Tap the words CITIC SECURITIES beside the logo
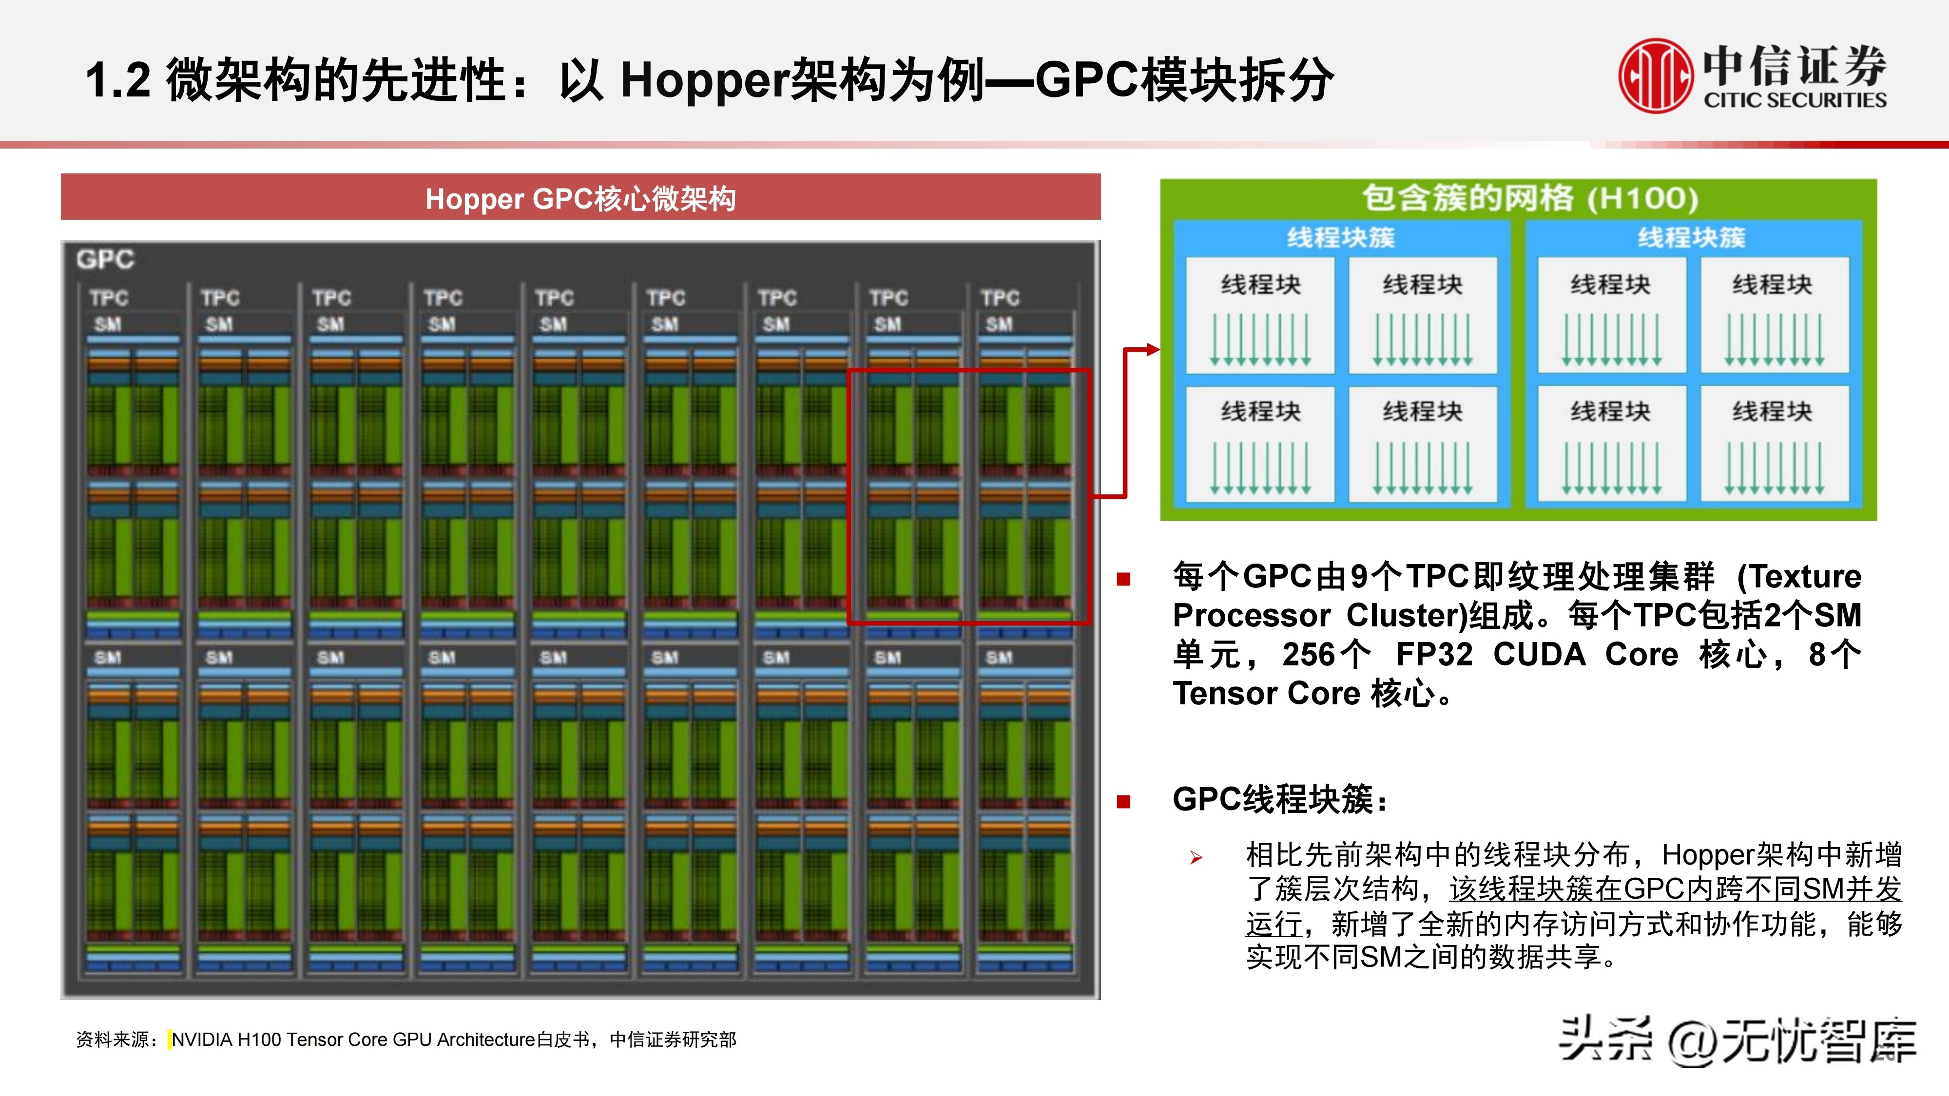(1795, 100)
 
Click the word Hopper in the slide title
(704, 80)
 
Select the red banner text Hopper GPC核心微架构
(580, 199)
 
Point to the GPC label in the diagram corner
(105, 260)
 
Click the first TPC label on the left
(109, 298)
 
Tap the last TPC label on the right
(1000, 298)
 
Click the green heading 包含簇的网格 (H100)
(1530, 198)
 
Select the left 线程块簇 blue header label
(1341, 238)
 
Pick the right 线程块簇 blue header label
(1692, 238)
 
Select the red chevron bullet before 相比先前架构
(1196, 858)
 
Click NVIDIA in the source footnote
(202, 1040)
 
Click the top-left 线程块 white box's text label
(1260, 285)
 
